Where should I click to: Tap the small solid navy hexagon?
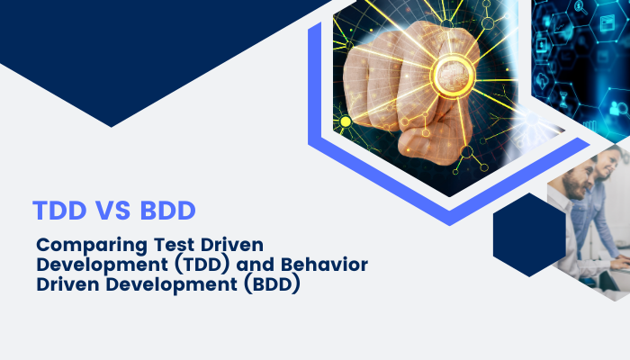pos(529,236)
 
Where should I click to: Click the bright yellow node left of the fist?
pos(345,121)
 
